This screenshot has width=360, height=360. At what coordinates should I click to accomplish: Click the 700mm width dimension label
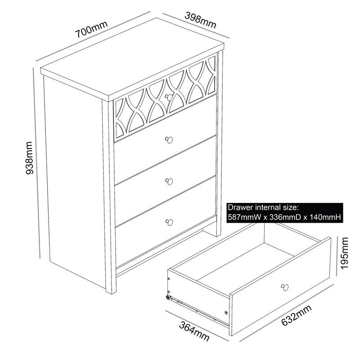91,29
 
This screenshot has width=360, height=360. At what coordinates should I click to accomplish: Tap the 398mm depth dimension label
200,20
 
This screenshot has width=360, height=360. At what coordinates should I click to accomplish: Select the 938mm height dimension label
29,158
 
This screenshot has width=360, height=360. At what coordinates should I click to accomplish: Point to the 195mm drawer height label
344,253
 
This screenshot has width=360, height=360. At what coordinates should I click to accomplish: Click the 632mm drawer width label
297,315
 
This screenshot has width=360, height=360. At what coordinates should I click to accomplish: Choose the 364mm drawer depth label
194,332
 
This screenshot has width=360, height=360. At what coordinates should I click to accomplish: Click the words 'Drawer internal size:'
263,207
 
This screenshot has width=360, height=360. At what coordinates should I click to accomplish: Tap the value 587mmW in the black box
244,217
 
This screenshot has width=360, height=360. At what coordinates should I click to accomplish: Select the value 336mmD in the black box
285,217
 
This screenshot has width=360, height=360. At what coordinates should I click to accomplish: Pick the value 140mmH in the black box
325,217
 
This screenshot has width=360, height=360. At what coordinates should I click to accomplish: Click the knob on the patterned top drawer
169,97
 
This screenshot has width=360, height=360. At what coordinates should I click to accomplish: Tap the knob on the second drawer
169,140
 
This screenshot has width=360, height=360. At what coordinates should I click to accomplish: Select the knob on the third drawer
169,181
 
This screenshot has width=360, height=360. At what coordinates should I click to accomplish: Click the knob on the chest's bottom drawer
169,222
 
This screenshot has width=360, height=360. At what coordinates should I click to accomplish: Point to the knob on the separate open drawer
285,287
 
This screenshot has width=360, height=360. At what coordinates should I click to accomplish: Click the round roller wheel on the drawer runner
168,297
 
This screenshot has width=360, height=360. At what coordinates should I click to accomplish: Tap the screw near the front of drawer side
226,312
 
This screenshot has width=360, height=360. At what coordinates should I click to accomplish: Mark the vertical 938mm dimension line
37,163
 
